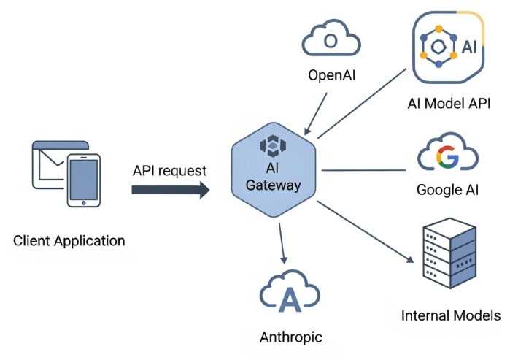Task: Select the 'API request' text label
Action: tap(170, 171)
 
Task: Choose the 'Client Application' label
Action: tap(69, 240)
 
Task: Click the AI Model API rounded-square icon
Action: tap(449, 47)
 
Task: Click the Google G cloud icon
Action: tap(447, 156)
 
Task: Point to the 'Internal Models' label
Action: tap(451, 315)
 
